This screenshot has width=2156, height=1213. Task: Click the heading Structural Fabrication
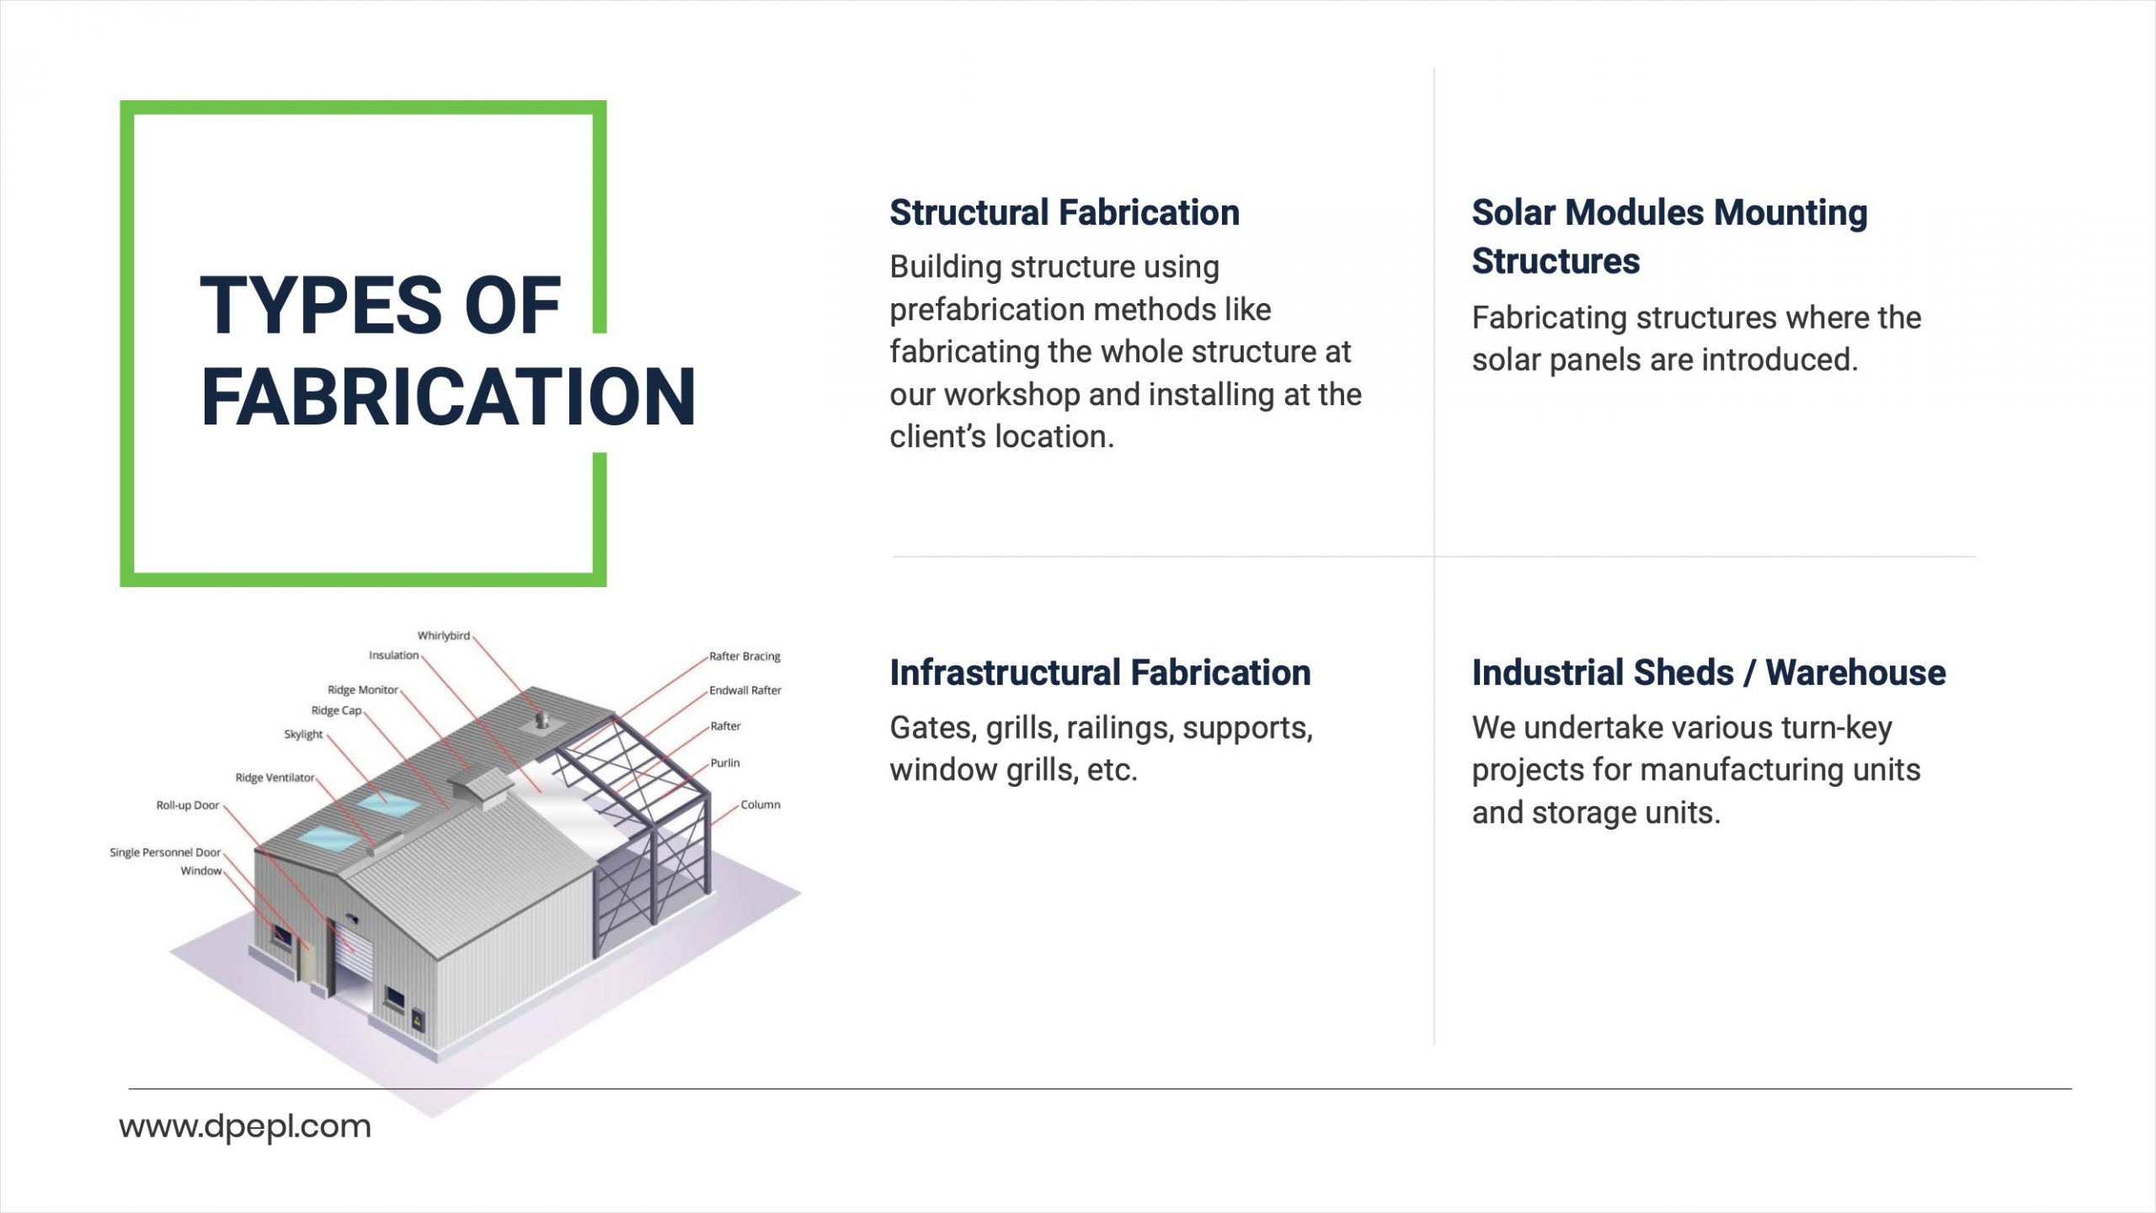pos(1065,213)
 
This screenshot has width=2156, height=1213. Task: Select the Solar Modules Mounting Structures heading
pos(1669,237)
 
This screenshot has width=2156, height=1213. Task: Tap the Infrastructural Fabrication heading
pos(1100,673)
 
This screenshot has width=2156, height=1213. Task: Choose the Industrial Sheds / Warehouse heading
pos(1709,673)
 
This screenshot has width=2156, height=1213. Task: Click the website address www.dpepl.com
pos(245,1127)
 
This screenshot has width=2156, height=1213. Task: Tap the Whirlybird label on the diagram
pos(444,636)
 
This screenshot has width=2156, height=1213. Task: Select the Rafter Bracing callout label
pos(744,656)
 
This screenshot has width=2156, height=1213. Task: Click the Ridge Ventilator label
pos(275,777)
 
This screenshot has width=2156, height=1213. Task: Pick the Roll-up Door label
pos(188,805)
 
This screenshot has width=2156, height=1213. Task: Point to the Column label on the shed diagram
pos(760,804)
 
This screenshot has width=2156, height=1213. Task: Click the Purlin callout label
pos(725,763)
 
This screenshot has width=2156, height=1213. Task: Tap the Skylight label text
pos(303,735)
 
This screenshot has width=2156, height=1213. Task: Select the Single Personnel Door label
pos(165,852)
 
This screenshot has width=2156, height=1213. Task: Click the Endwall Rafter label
pos(745,691)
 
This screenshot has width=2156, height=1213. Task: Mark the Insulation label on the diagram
pos(393,655)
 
